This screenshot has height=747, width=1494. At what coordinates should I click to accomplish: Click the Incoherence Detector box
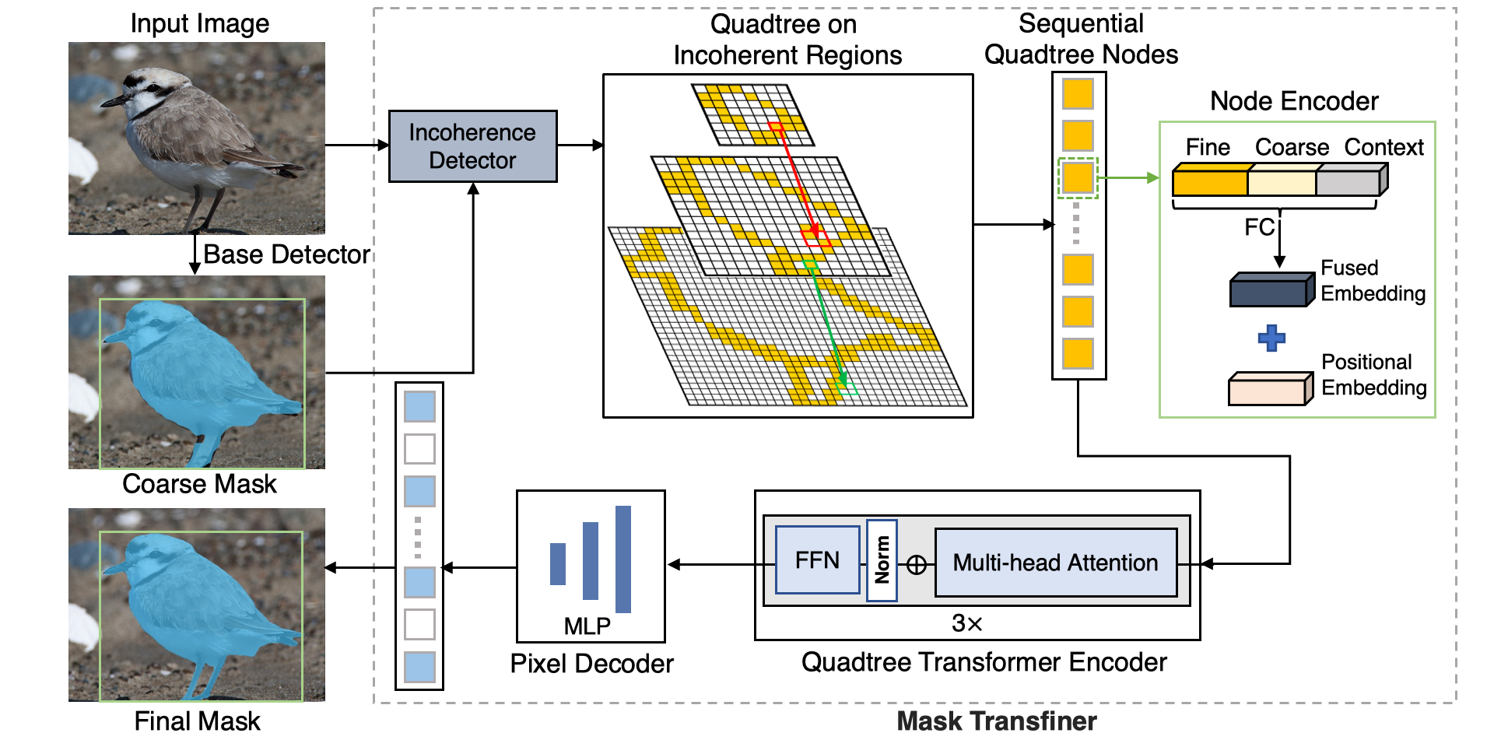pyautogui.click(x=472, y=146)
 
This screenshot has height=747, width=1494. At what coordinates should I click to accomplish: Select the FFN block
pyautogui.click(x=817, y=560)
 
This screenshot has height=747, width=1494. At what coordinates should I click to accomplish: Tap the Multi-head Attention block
pyautogui.click(x=1055, y=563)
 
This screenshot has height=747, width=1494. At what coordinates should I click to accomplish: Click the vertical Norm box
pyautogui.click(x=882, y=560)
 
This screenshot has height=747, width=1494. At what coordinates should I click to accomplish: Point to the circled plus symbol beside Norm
pyautogui.click(x=917, y=565)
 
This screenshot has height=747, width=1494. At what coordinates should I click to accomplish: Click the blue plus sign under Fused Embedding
pyautogui.click(x=1271, y=338)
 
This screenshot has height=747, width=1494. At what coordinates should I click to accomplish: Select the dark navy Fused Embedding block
pyautogui.click(x=1268, y=291)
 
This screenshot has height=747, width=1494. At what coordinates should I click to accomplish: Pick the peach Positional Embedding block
pyautogui.click(x=1267, y=389)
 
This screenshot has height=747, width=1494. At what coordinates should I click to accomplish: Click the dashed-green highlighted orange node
pyautogui.click(x=1078, y=177)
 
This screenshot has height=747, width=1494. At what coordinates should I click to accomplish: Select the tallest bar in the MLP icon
pyautogui.click(x=622, y=559)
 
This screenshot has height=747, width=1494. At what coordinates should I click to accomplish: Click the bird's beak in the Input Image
pyautogui.click(x=112, y=102)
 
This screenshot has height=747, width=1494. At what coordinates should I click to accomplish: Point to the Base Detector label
pyautogui.click(x=286, y=254)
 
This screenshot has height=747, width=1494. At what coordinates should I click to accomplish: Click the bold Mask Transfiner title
pyautogui.click(x=996, y=721)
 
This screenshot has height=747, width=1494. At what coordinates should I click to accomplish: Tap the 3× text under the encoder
pyautogui.click(x=966, y=623)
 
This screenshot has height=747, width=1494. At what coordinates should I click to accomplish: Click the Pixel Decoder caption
pyautogui.click(x=591, y=664)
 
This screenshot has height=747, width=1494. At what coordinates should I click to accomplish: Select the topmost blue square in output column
pyautogui.click(x=419, y=407)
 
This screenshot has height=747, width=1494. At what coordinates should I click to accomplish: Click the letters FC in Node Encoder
pyautogui.click(x=1258, y=227)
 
